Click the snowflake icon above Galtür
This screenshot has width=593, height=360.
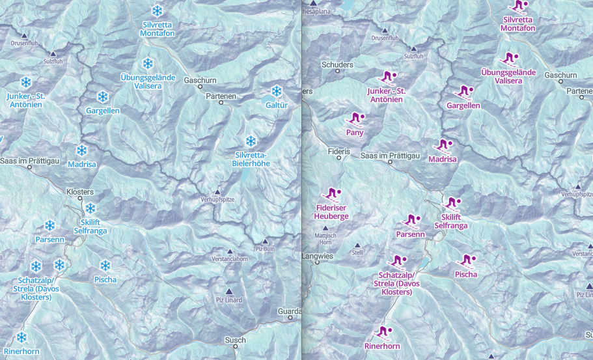[x=277, y=91]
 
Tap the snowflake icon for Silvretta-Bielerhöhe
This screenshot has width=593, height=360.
[x=251, y=141]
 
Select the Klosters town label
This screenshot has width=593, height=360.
[x=80, y=192]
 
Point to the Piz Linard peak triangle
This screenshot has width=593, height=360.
[x=228, y=291]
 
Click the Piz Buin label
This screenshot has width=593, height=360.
[x=266, y=249]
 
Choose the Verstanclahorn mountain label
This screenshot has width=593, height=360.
[x=229, y=260]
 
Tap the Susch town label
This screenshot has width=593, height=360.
[x=235, y=340]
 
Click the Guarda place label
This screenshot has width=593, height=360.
[x=289, y=311]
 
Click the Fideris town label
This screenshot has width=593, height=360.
[x=339, y=151]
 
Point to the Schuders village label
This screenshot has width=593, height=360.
[x=338, y=65]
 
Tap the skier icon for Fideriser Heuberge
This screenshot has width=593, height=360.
[x=331, y=193]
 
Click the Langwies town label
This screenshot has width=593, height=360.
[x=318, y=256]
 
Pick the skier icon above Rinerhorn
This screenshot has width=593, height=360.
[x=382, y=333]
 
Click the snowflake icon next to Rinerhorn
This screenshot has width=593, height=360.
[x=21, y=337]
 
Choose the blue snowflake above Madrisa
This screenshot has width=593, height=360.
[x=81, y=150]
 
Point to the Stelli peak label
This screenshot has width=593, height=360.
[x=356, y=253]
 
